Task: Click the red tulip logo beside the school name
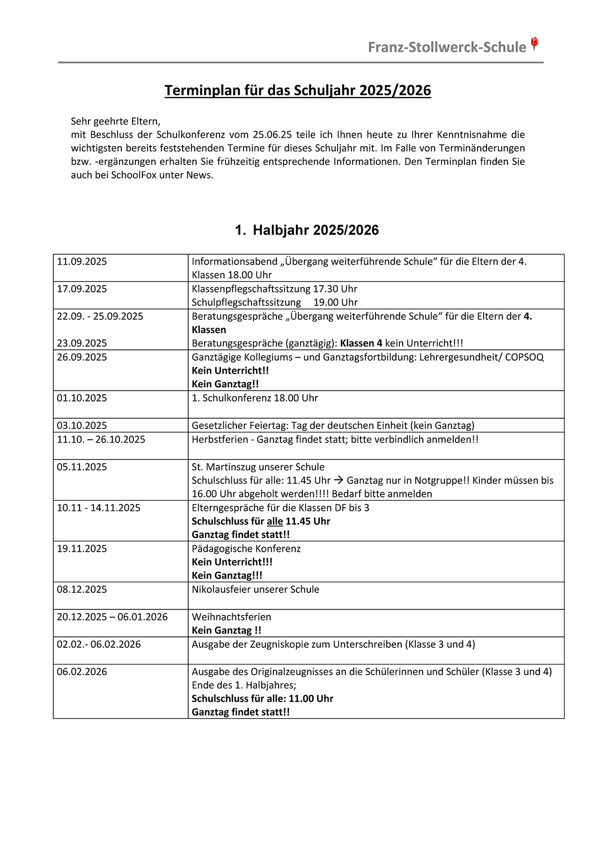click(x=534, y=44)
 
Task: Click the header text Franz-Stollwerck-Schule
click(x=447, y=47)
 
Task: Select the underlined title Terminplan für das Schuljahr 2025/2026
click(x=297, y=90)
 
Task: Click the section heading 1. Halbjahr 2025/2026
click(x=307, y=230)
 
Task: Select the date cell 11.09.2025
click(x=82, y=262)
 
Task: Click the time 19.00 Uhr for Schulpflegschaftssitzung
click(x=335, y=303)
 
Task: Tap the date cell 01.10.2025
click(x=82, y=398)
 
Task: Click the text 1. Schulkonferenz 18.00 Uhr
click(x=255, y=398)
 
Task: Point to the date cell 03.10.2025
click(x=82, y=426)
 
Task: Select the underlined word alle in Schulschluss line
click(x=275, y=521)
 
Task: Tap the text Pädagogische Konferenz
click(x=246, y=549)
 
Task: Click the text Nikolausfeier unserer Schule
click(x=256, y=590)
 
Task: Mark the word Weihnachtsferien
click(x=231, y=617)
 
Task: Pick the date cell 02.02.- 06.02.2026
click(x=99, y=644)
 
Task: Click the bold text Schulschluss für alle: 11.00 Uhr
click(x=263, y=699)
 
